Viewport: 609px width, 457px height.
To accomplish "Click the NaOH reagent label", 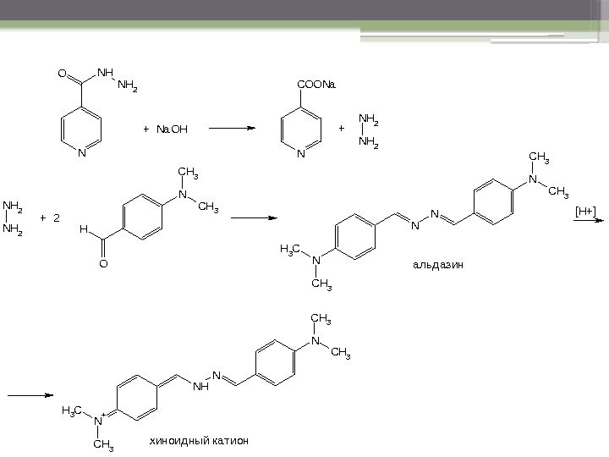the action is (172, 129).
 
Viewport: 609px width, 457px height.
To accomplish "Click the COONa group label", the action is (317, 85).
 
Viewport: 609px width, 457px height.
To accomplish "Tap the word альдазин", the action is (439, 265).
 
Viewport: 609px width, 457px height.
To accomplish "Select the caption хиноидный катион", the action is (200, 441).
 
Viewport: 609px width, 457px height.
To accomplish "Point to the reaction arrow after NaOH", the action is (231, 129).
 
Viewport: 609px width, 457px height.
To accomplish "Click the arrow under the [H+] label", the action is (590, 219).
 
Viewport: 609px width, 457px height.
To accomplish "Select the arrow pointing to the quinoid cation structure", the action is (30, 394).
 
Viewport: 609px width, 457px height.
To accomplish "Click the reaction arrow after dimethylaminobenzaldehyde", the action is (254, 217).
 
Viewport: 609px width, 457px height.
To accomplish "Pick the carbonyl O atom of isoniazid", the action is (62, 74).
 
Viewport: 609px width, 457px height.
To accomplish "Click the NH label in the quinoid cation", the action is (200, 387).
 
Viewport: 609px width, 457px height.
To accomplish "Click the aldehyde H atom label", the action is (83, 229).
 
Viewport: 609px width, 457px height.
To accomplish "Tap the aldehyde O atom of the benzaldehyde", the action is (103, 264).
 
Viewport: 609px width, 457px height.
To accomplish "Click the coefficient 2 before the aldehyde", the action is (57, 218).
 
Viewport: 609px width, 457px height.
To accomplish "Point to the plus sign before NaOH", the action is (145, 129).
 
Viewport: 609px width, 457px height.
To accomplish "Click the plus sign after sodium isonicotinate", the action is (342, 129).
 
